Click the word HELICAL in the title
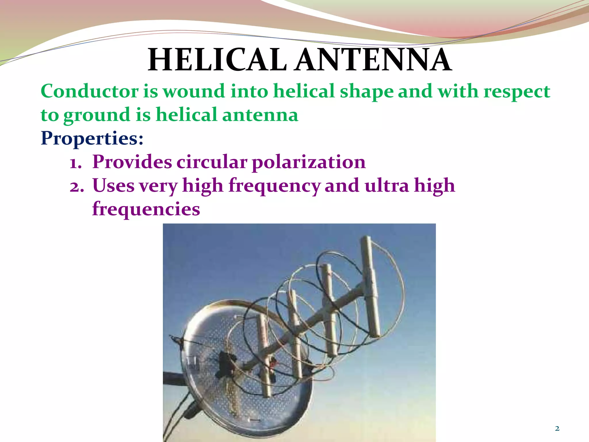[217, 60]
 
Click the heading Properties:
[92, 139]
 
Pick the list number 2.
[77, 186]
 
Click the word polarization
[309, 162]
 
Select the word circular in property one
[212, 162]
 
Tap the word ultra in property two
[387, 186]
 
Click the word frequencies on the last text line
[146, 209]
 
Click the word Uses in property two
[113, 186]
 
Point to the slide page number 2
[557, 428]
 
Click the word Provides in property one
[132, 162]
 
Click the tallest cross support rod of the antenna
[371, 288]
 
